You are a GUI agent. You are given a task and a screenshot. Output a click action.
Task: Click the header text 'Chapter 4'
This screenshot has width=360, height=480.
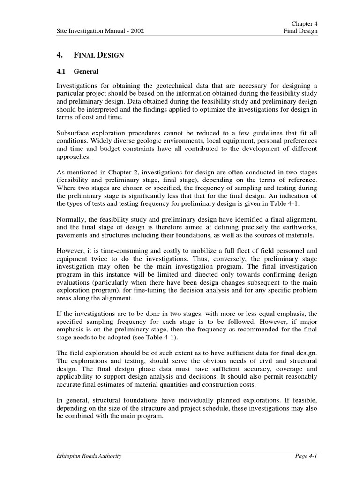pos(304,23)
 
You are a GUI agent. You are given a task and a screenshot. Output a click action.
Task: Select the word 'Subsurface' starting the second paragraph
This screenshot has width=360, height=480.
pos(72,133)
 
